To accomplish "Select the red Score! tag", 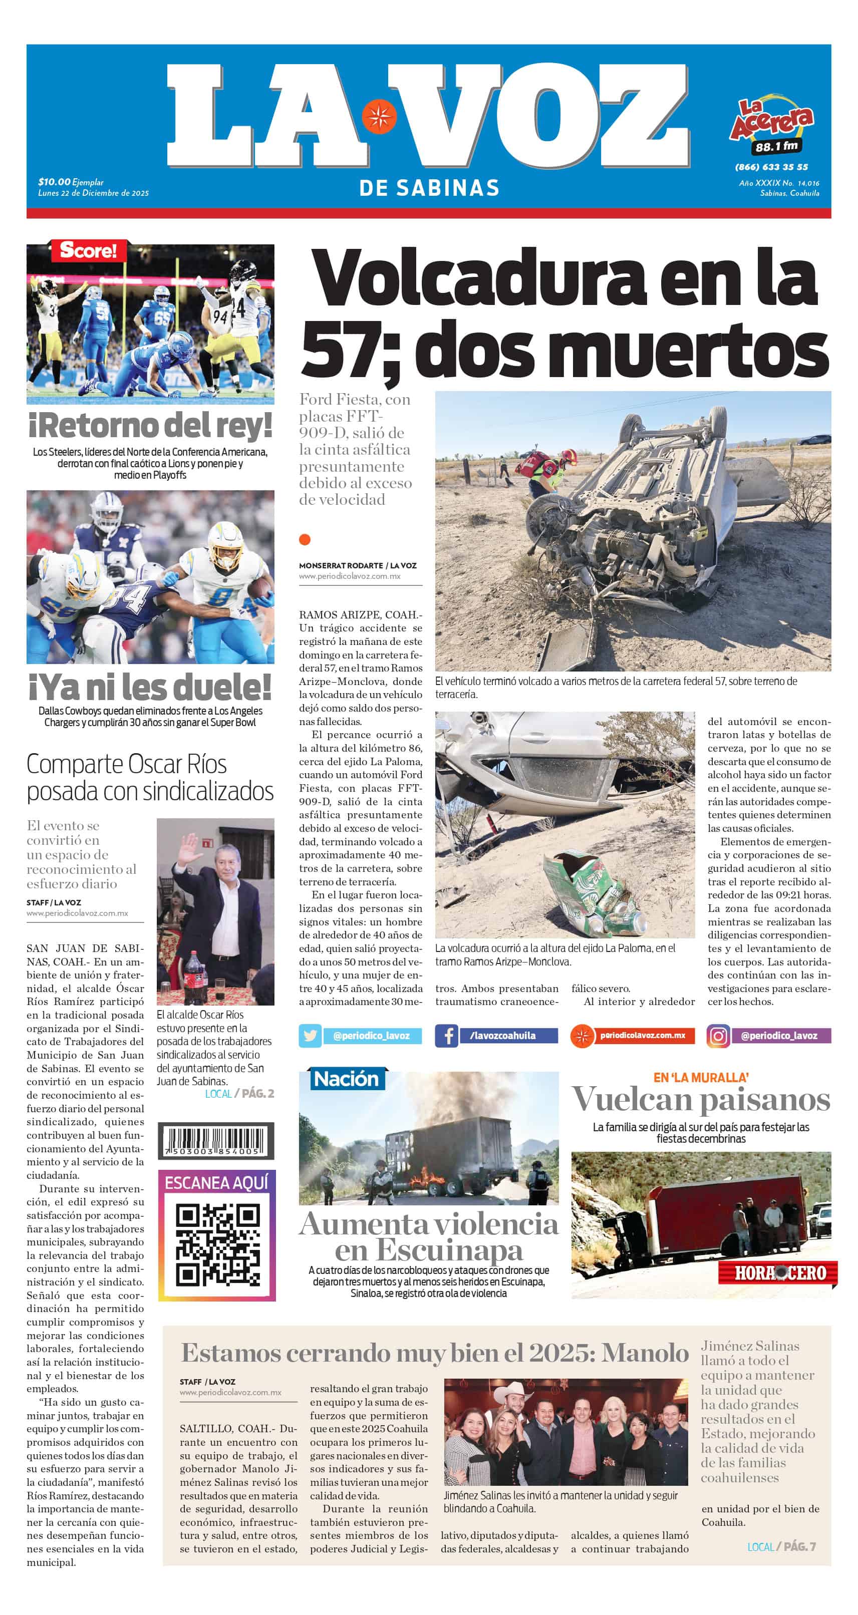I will tap(88, 251).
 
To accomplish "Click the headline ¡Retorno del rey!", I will tap(151, 426).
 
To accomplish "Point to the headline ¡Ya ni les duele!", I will tap(151, 687).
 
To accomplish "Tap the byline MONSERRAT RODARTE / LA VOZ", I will tap(358, 565).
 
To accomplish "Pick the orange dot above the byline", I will tap(305, 539).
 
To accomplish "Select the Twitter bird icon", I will tap(311, 1036).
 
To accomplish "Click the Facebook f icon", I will tap(447, 1036).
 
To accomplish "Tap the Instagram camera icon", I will tap(718, 1036).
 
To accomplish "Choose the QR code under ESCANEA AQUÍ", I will tap(217, 1244).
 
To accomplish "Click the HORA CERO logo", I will tap(779, 1272).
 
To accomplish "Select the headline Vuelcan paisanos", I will tap(701, 1100).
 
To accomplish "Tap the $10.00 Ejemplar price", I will tap(70, 182).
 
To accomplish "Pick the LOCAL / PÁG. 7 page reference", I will tap(781, 1547).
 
